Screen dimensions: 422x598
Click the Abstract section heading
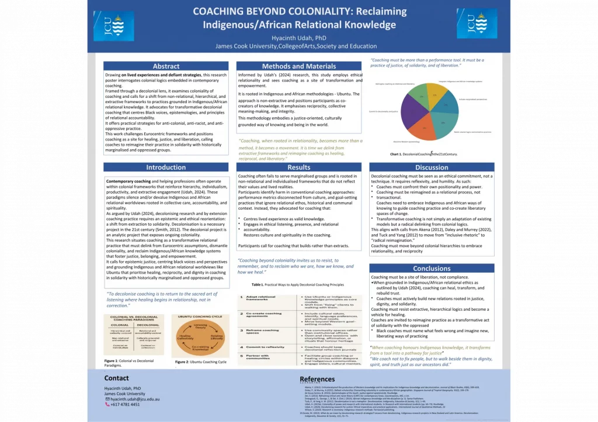tap(166, 66)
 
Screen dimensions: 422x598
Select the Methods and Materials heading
tap(299, 66)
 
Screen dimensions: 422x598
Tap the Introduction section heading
tap(166, 167)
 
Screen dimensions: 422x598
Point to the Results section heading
tap(299, 167)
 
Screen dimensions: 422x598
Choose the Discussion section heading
tap(432, 167)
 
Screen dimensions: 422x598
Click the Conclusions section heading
tap(432, 268)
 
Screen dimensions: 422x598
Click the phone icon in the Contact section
tap(107, 404)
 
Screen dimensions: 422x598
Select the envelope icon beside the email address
tap(107, 399)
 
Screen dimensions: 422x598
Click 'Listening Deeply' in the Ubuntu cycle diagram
tap(200, 326)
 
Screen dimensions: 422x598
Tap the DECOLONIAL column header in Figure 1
tap(149, 325)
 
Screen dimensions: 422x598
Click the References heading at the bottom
tap(317, 379)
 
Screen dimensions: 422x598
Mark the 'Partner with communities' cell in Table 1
tap(260, 357)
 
